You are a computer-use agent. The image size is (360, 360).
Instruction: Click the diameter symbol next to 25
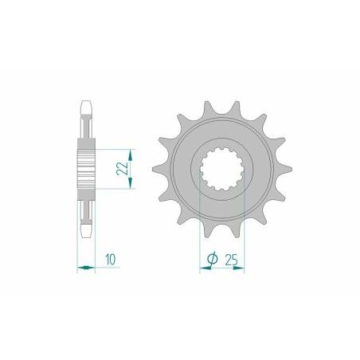212,258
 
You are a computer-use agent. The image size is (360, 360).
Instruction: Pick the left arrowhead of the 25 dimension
202,268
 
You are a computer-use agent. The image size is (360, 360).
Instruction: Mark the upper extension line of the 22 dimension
112,147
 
